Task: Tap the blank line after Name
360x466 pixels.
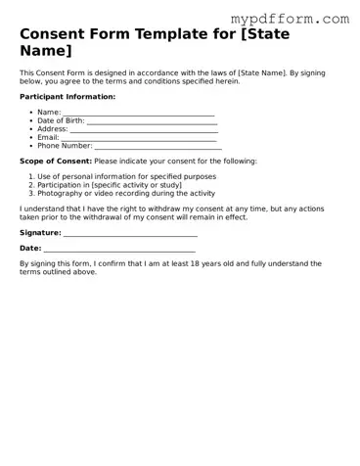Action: pyautogui.click(x=139, y=114)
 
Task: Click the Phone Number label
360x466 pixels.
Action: pyautogui.click(x=65, y=145)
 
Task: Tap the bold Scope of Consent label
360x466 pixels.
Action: pyautogui.click(x=56, y=161)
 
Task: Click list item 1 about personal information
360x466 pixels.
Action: pyautogui.click(x=126, y=176)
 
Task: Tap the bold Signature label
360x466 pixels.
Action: pyautogui.click(x=40, y=233)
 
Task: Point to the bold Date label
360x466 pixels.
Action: pyautogui.click(x=30, y=249)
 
